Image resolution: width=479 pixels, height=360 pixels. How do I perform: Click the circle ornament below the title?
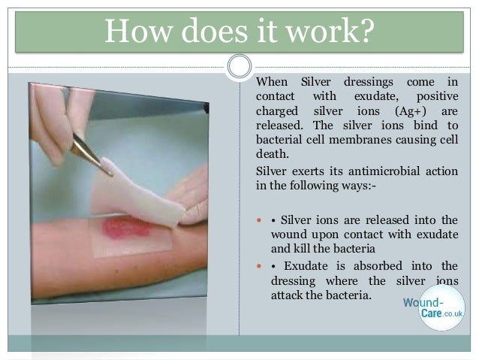click(239, 67)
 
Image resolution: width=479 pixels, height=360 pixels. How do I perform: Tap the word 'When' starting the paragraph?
click(272, 81)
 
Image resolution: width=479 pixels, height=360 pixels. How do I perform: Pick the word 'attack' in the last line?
click(288, 295)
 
